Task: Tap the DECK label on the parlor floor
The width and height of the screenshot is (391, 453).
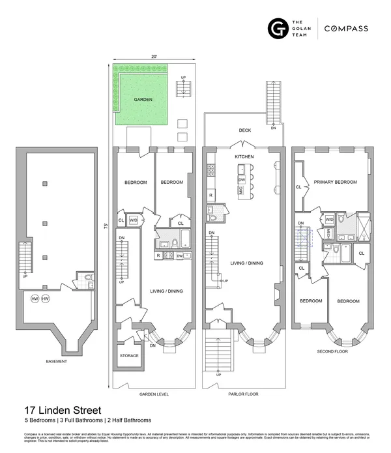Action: point(245,130)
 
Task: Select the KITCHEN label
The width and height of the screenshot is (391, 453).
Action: point(244,157)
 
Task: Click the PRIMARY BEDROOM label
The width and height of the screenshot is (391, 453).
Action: point(335,183)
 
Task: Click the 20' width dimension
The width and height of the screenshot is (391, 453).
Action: point(153,57)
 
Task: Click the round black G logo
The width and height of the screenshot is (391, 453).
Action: point(278,29)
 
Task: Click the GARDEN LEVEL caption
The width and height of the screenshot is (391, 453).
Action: point(154,394)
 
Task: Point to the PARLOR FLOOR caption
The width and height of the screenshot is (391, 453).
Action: point(244,394)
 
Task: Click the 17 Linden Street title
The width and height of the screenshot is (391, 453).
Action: point(63,410)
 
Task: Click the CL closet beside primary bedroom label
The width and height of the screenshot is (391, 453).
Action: point(298,186)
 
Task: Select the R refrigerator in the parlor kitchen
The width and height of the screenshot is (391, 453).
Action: point(210,196)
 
